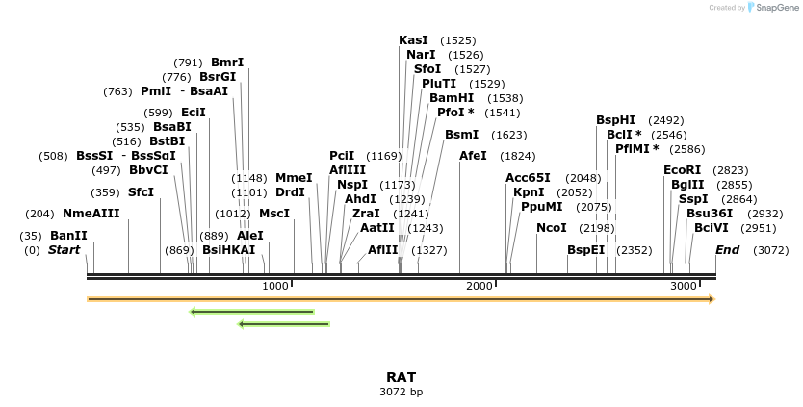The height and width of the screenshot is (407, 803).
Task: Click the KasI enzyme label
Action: click(413, 40)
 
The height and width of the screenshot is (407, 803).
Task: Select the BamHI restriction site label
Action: click(452, 98)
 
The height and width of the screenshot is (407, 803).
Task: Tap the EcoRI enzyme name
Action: click(682, 170)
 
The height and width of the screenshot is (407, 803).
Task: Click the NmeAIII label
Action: click(91, 214)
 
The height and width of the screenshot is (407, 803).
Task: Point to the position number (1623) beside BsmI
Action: click(508, 136)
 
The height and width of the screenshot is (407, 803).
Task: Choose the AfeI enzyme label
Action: click(473, 156)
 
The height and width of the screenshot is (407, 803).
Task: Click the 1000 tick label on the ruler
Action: click(275, 287)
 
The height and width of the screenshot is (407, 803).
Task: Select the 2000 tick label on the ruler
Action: click(479, 287)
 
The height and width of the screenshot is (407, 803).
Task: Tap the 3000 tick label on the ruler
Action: click(683, 287)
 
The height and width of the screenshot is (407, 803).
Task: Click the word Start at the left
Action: click(64, 250)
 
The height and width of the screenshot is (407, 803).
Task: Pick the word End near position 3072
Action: click(727, 250)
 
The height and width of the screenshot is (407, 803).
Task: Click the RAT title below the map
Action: click(401, 377)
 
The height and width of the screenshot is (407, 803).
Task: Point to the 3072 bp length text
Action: click(401, 392)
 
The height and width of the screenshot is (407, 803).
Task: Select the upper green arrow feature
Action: click(252, 312)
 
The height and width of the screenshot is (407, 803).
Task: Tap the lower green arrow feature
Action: click(283, 324)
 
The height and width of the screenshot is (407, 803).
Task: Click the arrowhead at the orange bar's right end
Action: click(712, 299)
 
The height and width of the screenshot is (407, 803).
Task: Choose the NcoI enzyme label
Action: click(552, 228)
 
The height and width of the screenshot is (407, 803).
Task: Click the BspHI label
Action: click(615, 120)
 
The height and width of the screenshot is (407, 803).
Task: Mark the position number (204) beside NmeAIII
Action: click(40, 214)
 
